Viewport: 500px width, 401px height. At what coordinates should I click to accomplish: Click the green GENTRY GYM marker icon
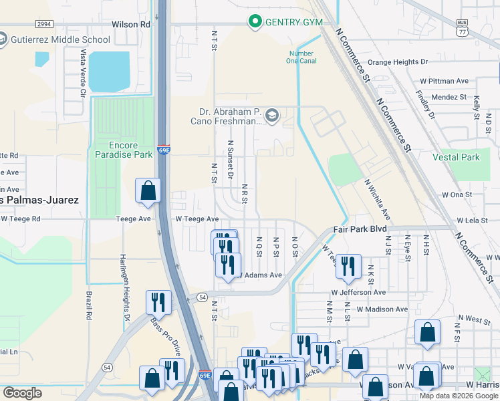click(255, 22)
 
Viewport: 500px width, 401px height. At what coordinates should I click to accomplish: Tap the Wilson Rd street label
click(131, 24)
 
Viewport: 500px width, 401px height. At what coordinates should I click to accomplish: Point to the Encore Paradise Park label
click(122, 150)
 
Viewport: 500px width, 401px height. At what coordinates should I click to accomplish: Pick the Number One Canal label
click(301, 58)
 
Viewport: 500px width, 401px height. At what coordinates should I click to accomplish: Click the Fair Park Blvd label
click(360, 229)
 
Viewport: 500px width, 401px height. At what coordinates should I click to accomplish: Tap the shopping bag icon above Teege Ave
click(148, 190)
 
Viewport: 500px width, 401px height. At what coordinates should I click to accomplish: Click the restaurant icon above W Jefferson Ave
click(348, 266)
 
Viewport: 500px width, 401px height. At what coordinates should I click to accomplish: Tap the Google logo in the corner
click(22, 393)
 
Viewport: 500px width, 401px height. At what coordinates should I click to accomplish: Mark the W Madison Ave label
click(382, 309)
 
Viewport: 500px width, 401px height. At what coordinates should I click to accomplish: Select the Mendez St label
click(448, 97)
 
